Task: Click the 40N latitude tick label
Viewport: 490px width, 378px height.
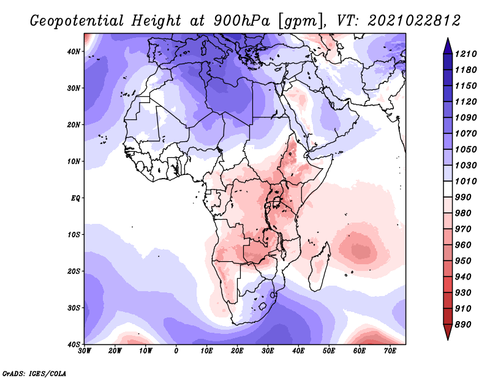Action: [73, 51]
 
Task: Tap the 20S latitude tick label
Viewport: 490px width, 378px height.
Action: [73, 271]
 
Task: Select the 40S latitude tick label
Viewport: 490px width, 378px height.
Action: [73, 344]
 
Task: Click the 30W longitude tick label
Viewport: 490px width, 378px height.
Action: [85, 351]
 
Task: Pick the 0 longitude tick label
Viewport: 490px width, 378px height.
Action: [176, 351]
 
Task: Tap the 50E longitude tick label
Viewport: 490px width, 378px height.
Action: [329, 351]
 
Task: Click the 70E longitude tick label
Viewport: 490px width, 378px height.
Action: [390, 351]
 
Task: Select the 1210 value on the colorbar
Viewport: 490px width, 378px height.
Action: [466, 54]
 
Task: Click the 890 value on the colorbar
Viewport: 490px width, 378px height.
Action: [463, 325]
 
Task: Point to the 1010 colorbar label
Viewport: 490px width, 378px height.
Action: [466, 181]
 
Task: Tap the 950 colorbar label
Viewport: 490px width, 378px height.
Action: [463, 261]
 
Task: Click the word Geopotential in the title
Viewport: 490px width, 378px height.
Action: [77, 21]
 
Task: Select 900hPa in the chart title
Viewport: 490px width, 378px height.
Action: [241, 21]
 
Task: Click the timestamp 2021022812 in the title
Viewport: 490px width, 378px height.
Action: [414, 21]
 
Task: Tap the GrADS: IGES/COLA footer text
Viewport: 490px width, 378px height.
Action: [34, 373]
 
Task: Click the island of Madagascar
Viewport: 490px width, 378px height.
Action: [318, 268]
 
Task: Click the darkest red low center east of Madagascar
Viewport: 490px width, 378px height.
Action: [361, 250]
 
